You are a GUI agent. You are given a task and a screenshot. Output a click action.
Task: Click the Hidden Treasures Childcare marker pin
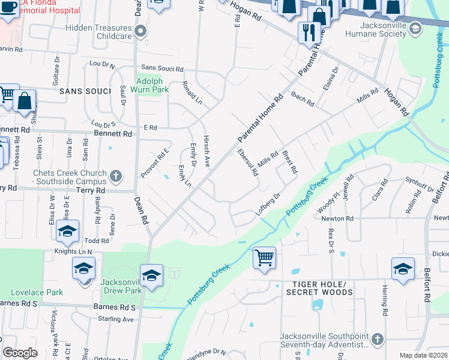pyautogui.click(x=140, y=31)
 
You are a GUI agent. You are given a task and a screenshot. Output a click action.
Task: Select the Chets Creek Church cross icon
pyautogui.click(x=116, y=176)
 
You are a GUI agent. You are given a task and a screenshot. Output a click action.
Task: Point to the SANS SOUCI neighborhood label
pyautogui.click(x=85, y=91)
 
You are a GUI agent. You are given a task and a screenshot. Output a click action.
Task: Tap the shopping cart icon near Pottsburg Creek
pyautogui.click(x=264, y=258)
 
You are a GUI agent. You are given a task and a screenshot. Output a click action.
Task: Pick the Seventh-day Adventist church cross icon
pyautogui.click(x=378, y=338)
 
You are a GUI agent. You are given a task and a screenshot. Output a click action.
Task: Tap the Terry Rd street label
pyautogui.click(x=91, y=190)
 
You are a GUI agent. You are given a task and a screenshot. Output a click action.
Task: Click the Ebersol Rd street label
pyautogui.click(x=247, y=162)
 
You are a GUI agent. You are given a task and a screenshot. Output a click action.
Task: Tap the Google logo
pyautogui.click(x=20, y=353)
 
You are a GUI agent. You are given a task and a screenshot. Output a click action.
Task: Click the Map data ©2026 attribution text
pyautogui.click(x=423, y=355)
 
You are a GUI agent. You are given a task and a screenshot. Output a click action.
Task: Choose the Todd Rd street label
pyautogui.click(x=97, y=240)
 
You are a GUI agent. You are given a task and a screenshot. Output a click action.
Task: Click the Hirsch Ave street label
pyautogui.click(x=205, y=149)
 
